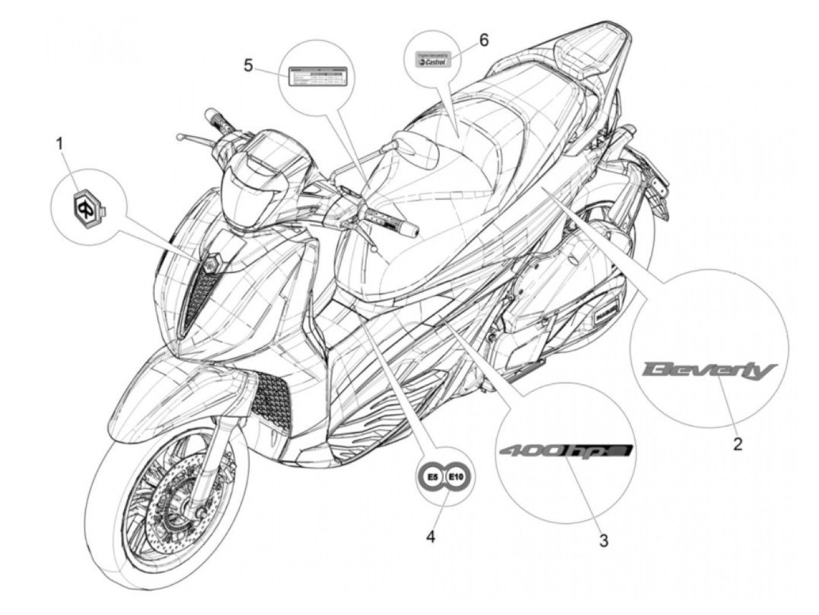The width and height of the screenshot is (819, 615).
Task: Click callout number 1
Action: click(59, 142)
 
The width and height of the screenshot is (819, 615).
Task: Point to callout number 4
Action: click(431, 536)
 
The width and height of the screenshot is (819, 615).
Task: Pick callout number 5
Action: click(249, 65)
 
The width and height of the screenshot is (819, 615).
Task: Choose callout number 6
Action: click(483, 40)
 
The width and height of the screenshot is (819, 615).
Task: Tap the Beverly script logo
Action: click(708, 370)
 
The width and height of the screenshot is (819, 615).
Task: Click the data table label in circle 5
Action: click(316, 76)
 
